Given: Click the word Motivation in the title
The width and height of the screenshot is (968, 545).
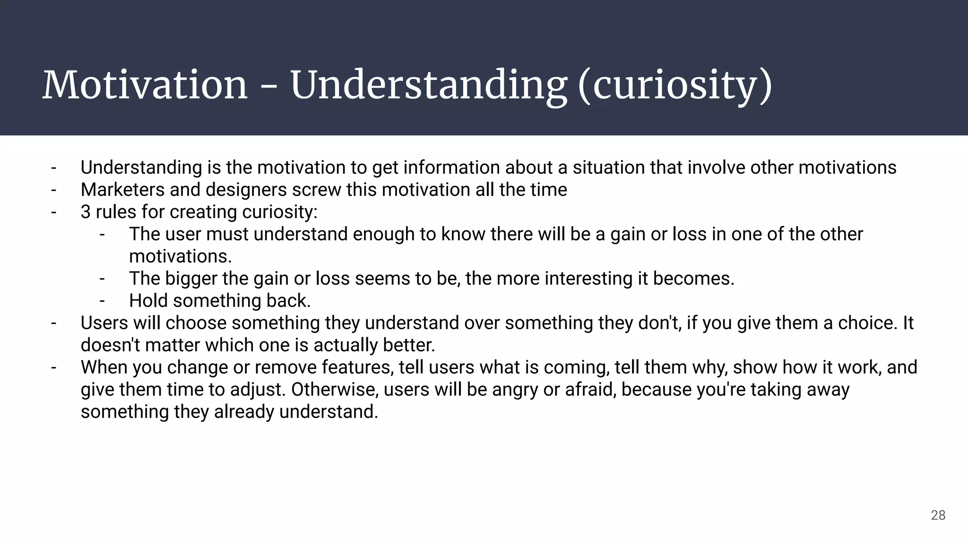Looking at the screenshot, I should click(x=145, y=85).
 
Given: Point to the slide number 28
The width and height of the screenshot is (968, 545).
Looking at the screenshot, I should click(x=938, y=515).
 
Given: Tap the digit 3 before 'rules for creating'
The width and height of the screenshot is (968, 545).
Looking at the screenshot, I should click(x=85, y=212).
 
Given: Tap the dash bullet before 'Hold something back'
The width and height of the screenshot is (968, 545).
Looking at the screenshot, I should click(x=102, y=301).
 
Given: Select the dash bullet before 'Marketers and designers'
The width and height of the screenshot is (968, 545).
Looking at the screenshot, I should click(x=54, y=190).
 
